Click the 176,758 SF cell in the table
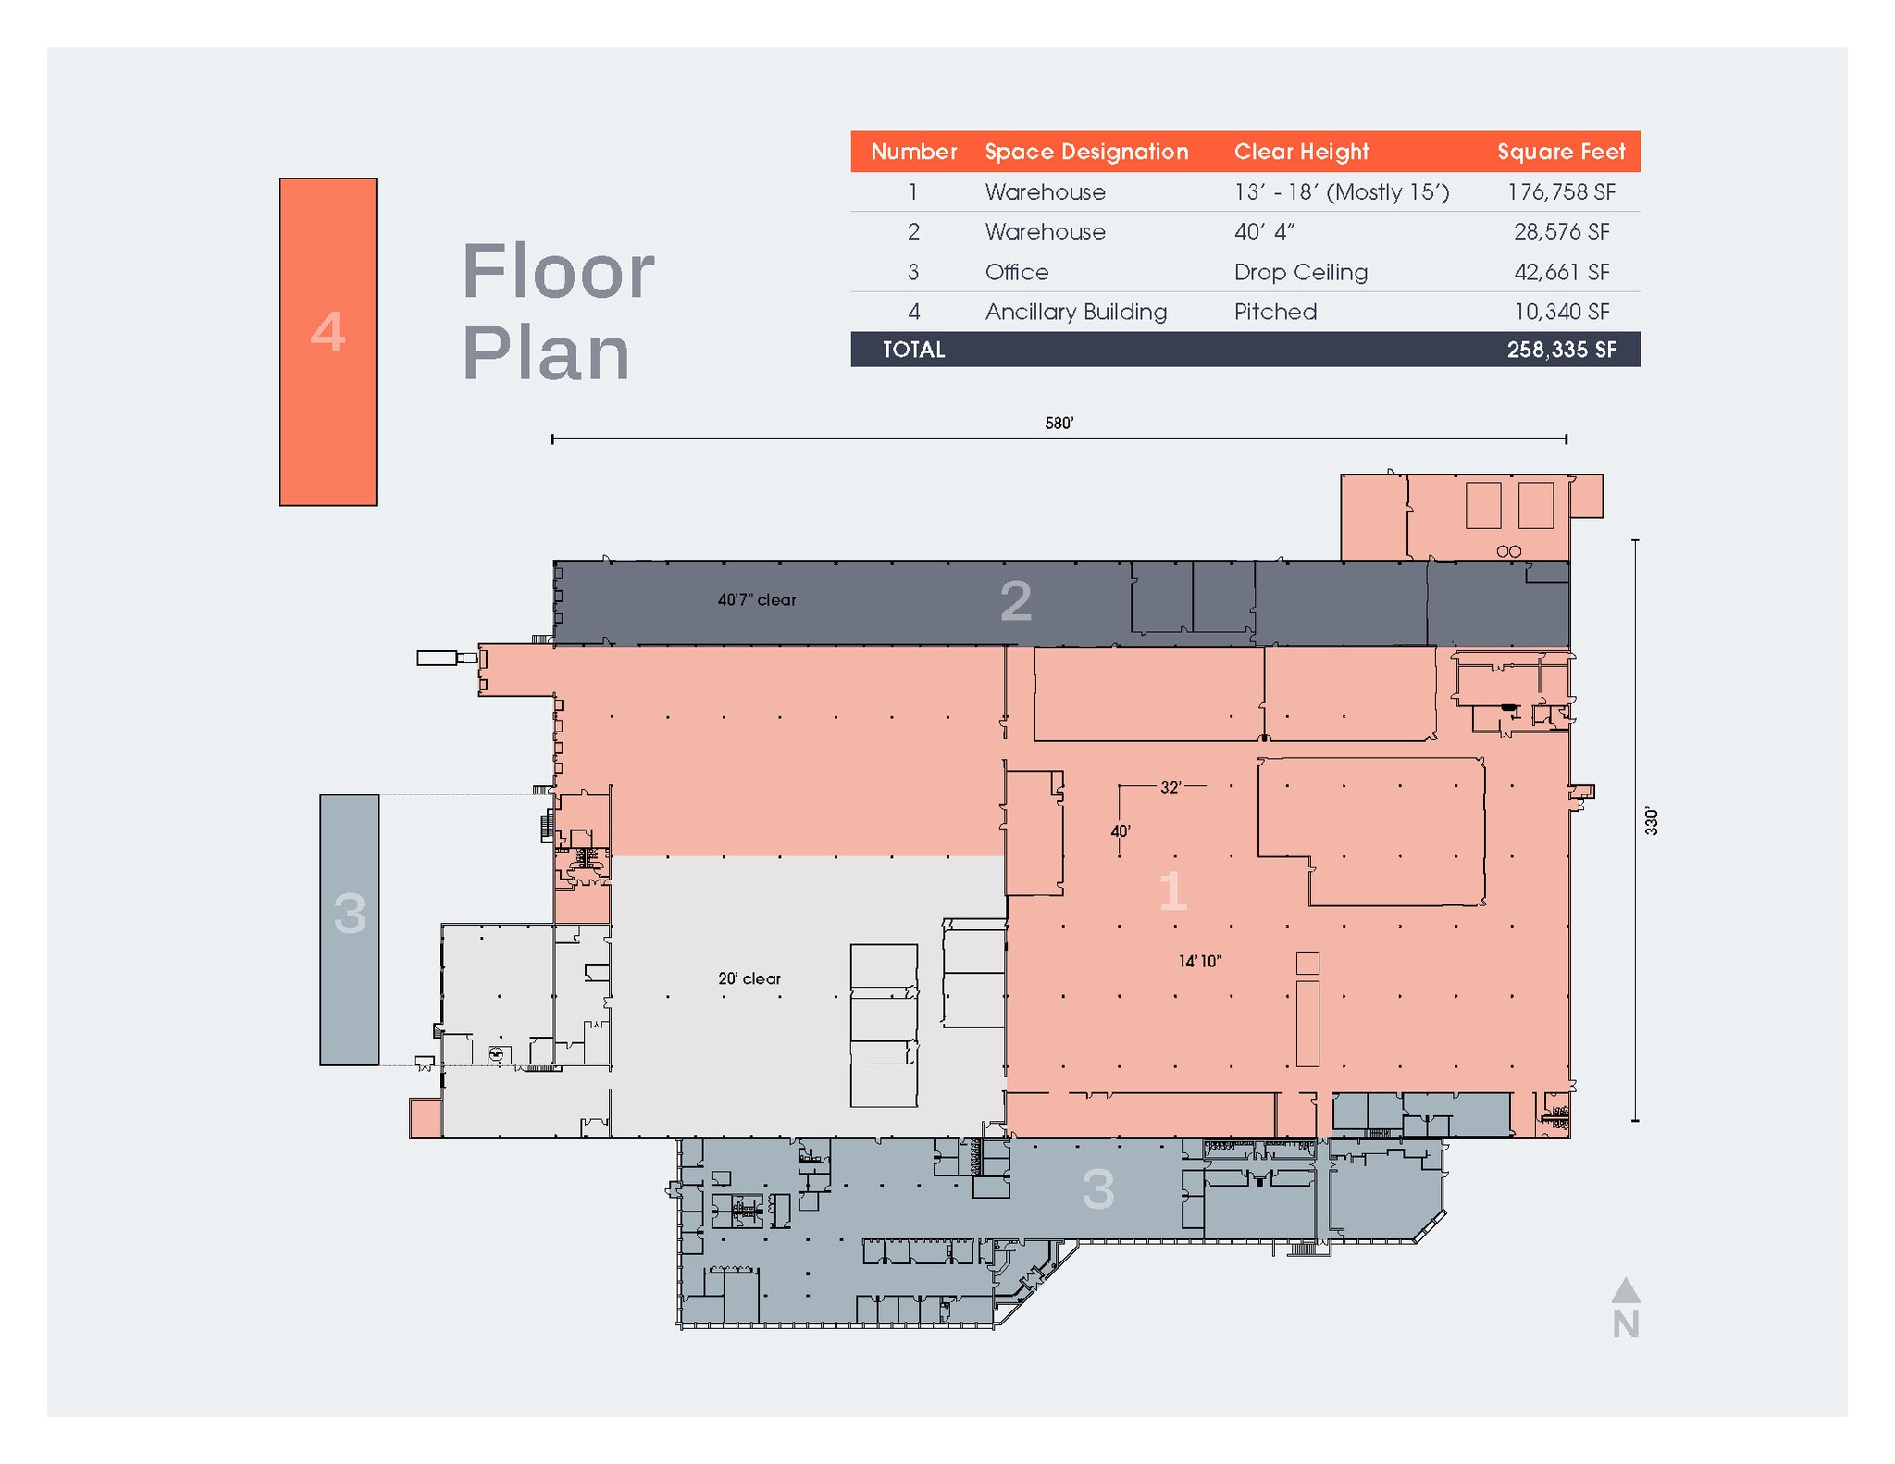(1560, 192)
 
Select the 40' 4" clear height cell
(1263, 232)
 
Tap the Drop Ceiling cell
(1300, 272)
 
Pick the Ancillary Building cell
(1075, 312)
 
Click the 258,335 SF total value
(1560, 350)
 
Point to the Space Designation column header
(1085, 152)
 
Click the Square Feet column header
(1560, 152)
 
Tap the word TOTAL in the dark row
(913, 350)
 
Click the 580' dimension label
(1059, 424)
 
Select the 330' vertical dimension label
(1651, 821)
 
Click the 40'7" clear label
(756, 600)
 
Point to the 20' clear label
(749, 978)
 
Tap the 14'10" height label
(1199, 962)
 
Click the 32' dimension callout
(1170, 787)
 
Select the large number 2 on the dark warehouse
(1015, 602)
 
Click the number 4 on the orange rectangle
(328, 332)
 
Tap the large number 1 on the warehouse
(1171, 892)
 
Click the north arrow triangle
(1625, 1290)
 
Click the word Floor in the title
(558, 272)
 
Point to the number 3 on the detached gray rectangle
(350, 914)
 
